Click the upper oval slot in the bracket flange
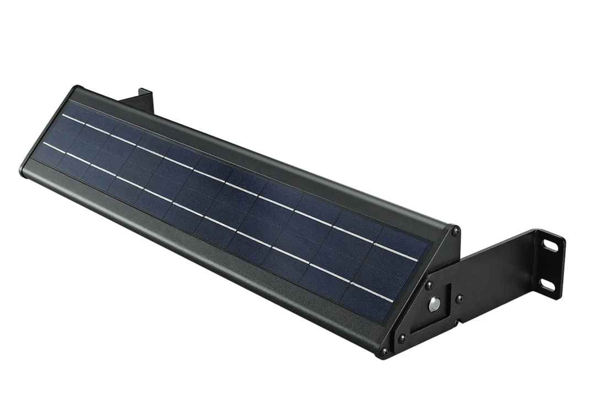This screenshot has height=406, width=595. click(550, 245)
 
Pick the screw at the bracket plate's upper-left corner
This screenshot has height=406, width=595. click(428, 285)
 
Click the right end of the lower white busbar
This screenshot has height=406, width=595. click(392, 301)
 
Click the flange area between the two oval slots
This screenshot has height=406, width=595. click(549, 265)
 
